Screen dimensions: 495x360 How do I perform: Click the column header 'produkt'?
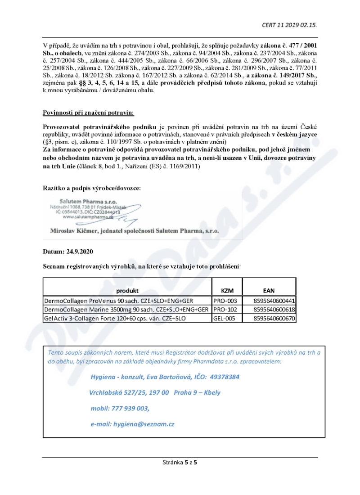pos(127,291)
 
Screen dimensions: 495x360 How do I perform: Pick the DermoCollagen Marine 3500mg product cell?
pos(126,309)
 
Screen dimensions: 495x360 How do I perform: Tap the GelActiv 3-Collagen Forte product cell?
pos(115,318)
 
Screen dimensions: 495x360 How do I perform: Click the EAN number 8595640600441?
pos(274,300)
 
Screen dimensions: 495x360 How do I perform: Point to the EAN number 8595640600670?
pos(274,318)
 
